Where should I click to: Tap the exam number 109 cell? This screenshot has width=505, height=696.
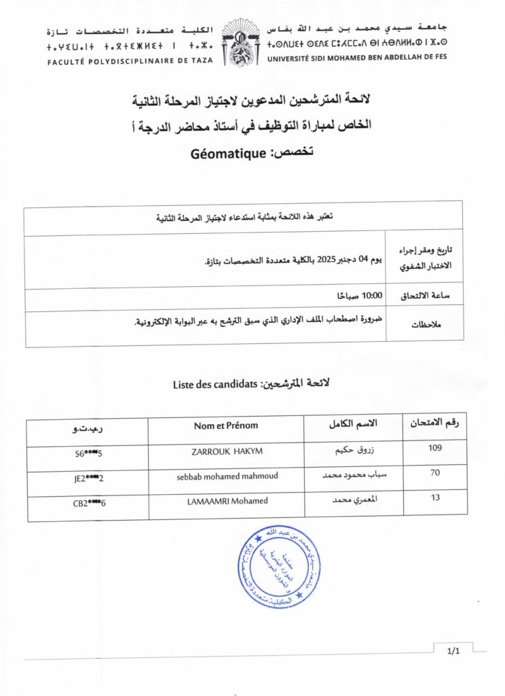[435, 448]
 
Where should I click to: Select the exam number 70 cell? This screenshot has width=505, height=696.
[436, 473]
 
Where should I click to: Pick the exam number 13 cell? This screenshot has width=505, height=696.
[435, 498]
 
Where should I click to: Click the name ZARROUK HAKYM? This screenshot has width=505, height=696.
[226, 451]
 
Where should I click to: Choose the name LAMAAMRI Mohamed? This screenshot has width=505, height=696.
[226, 502]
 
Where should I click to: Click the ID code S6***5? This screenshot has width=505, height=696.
[88, 453]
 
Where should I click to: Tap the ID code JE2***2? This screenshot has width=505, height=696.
[90, 478]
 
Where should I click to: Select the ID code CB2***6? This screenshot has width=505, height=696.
[90, 504]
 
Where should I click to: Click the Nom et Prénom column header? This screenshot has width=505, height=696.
[226, 425]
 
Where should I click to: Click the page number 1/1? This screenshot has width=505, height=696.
[453, 652]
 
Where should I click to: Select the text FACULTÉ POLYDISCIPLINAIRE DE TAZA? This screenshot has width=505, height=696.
[129, 60]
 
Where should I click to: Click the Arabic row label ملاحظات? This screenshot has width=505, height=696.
[426, 325]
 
